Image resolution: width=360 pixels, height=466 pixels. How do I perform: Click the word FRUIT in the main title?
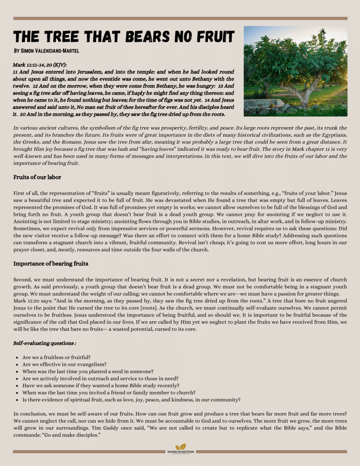click(x=212, y=36)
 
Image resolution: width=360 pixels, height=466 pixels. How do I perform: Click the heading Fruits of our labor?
click(x=37, y=177)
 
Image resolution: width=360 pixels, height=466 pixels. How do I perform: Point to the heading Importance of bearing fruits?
click(x=51, y=264)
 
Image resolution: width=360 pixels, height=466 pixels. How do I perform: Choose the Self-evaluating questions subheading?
click(x=45, y=343)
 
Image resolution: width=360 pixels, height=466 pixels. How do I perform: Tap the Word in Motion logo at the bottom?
click(x=180, y=449)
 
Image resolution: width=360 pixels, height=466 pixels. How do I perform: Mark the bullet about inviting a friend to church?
click(x=109, y=393)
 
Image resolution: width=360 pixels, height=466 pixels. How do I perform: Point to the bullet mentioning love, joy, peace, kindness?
click(x=132, y=400)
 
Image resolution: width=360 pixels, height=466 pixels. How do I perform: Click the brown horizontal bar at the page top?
click(x=180, y=19)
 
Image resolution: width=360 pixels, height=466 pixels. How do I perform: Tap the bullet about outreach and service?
click(x=100, y=379)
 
